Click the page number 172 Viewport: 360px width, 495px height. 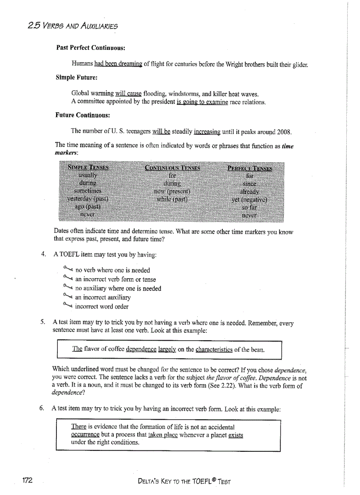click(27, 480)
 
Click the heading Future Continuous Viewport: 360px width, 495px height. click(82, 115)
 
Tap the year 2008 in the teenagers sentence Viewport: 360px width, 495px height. click(283, 132)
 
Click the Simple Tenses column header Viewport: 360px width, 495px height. click(88, 167)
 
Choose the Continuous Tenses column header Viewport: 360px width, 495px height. click(172, 167)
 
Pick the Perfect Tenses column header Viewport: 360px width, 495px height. click(250, 168)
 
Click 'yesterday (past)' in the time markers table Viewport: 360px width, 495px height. click(87, 199)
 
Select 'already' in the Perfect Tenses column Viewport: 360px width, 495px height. click(249, 192)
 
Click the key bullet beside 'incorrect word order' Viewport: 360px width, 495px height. click(67, 305)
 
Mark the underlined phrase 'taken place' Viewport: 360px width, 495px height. click(151, 435)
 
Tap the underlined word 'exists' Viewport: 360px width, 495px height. click(236, 435)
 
